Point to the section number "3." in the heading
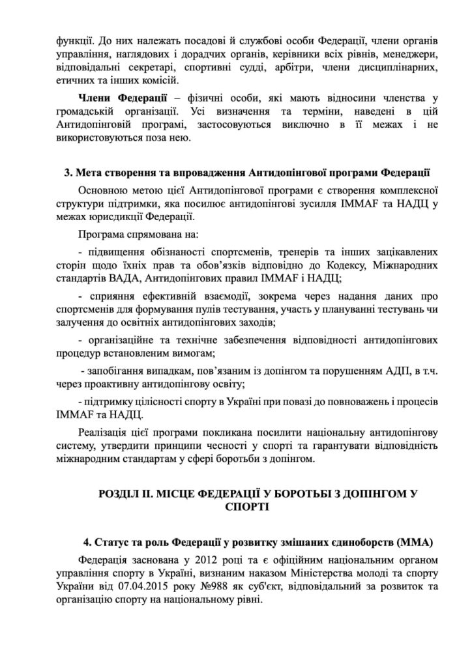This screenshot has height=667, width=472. point(67,173)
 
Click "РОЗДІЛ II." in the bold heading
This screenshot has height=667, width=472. point(127,493)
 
